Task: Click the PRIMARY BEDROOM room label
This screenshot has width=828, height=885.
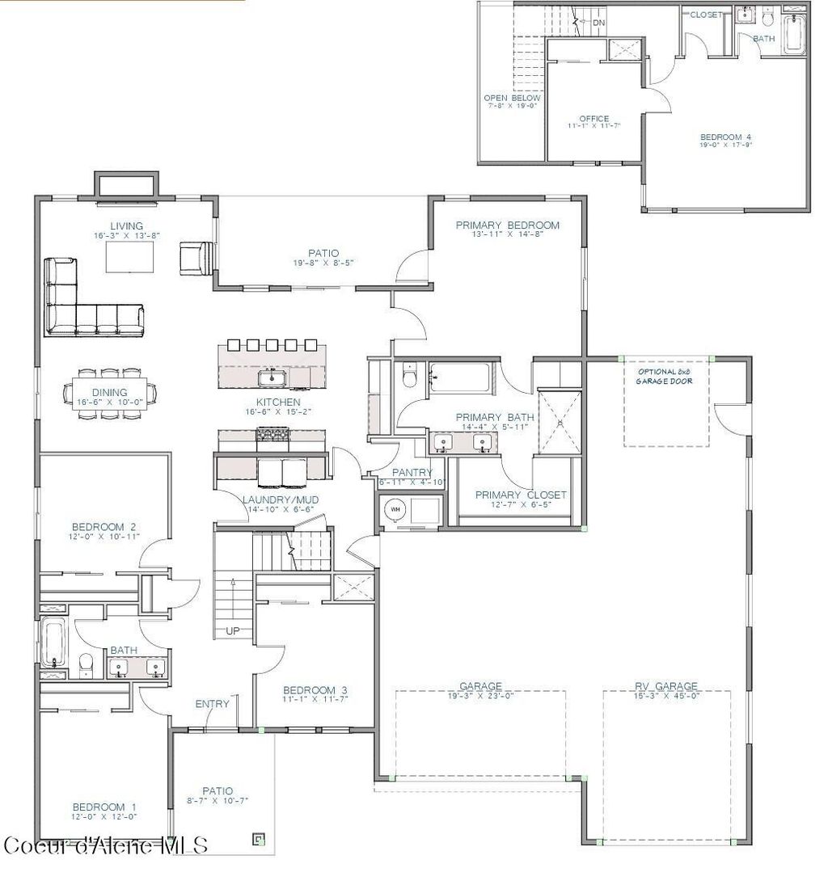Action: (507, 225)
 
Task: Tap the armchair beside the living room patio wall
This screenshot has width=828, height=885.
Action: (195, 256)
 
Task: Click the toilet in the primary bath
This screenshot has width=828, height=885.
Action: (410, 376)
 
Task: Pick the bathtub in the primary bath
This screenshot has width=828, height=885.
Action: (458, 377)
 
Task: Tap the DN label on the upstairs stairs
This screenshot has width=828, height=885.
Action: (598, 23)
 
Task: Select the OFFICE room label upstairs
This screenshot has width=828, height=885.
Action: (594, 119)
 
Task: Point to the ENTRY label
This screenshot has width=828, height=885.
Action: (212, 704)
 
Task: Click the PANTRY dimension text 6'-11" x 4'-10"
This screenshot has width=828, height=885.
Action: (412, 483)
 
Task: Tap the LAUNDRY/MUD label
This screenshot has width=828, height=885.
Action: (281, 500)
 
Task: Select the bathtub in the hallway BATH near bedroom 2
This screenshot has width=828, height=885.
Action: (53, 643)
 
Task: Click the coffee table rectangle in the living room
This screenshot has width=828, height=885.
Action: (129, 257)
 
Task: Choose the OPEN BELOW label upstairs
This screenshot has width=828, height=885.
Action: (512, 98)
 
